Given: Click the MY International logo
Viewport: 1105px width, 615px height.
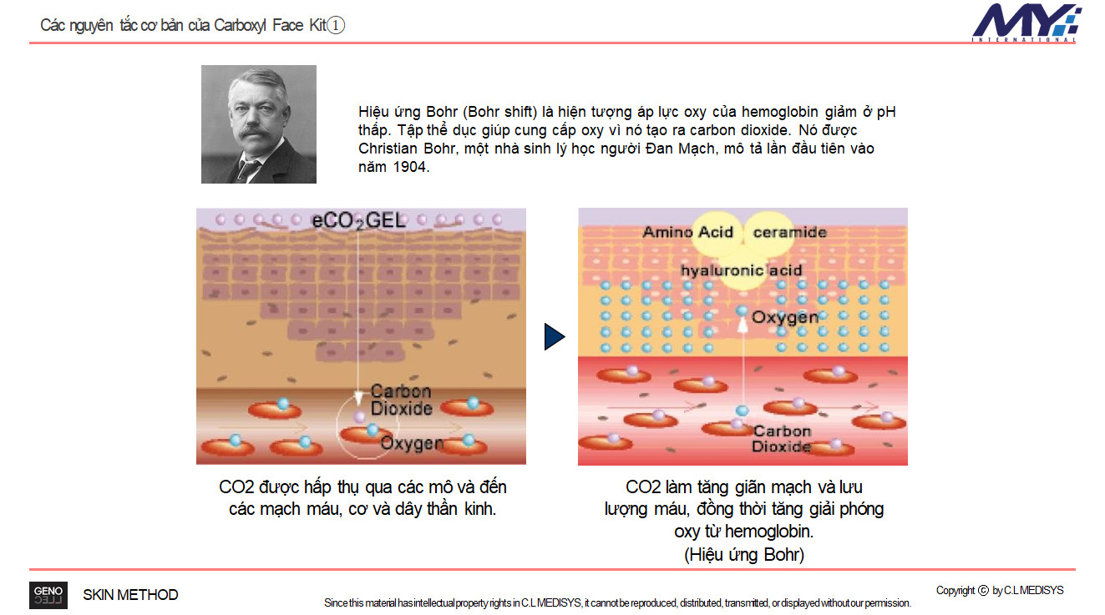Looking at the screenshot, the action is tap(1026, 23).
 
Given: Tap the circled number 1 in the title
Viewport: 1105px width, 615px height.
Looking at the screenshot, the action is tap(336, 25).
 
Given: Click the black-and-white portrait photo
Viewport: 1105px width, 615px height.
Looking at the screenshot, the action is tap(258, 124).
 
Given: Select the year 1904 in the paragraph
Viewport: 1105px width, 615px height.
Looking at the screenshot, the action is tap(409, 167).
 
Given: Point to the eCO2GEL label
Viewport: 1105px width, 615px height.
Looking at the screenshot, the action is tap(358, 220).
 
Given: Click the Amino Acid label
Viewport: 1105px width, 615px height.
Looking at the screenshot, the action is tap(687, 232).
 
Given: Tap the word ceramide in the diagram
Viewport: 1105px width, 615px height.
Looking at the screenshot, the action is tap(789, 232).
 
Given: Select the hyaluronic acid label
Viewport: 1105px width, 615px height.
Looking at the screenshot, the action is tap(742, 270).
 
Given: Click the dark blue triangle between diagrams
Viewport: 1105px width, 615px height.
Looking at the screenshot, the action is tap(555, 336).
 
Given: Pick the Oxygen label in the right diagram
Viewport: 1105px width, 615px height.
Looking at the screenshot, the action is tap(785, 317).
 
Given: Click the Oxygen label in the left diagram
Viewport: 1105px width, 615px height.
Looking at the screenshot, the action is tap(413, 443).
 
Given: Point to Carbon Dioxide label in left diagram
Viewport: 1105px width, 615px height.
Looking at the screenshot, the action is tap(401, 400).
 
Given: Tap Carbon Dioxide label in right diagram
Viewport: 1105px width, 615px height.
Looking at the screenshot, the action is tap(782, 439).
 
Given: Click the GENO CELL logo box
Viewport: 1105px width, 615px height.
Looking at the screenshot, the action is tap(48, 595).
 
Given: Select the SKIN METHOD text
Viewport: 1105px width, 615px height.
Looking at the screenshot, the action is tap(130, 595).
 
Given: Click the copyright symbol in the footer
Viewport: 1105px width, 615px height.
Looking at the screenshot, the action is tap(983, 590).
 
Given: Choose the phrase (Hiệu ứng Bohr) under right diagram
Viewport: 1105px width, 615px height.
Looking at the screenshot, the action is tap(744, 554).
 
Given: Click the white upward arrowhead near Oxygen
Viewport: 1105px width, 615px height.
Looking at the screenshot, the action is tap(742, 325).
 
